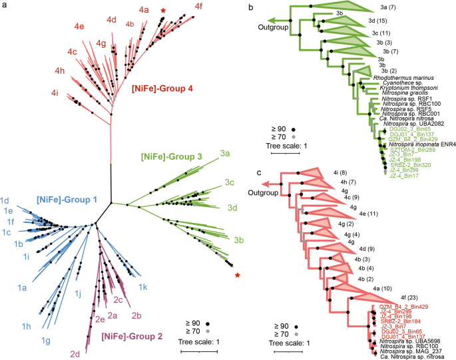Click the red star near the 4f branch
click(x=164, y=11)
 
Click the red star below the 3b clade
click(x=238, y=275)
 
